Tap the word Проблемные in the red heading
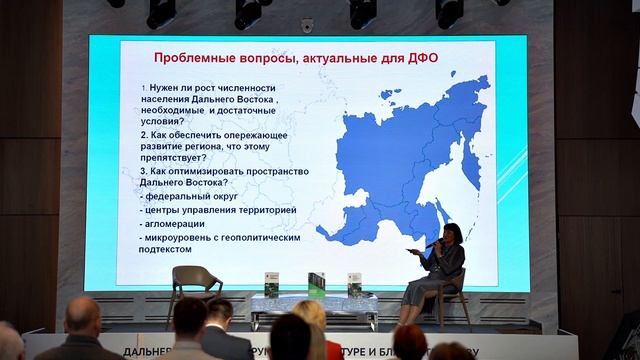pyautogui.click(x=190, y=57)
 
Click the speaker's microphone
pyautogui.click(x=433, y=244)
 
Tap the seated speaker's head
pyautogui.click(x=446, y=236)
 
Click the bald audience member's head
pyautogui.click(x=82, y=316)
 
